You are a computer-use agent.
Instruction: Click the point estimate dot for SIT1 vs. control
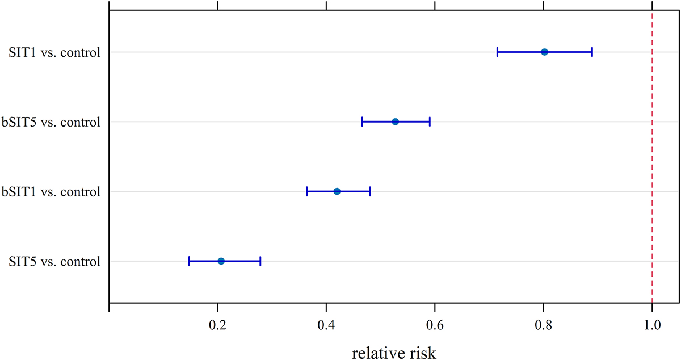coord(544,52)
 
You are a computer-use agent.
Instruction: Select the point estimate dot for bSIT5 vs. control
coord(396,122)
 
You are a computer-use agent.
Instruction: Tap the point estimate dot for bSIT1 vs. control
coord(337,191)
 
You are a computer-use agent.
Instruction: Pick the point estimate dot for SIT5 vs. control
coord(221,261)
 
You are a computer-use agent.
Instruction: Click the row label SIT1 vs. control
coord(54,53)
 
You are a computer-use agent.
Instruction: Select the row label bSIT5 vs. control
coord(51,122)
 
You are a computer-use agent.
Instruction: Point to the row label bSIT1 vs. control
coord(51,192)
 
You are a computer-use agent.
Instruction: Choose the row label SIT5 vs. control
coord(54,262)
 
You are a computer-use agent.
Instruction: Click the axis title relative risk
coord(394,353)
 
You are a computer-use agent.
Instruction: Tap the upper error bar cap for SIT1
coord(592,52)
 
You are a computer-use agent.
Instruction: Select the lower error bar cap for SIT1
coord(497,52)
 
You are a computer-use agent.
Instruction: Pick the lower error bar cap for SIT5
coord(189,261)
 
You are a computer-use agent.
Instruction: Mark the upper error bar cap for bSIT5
coord(430,122)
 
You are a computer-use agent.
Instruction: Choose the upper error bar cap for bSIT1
coord(370,191)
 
